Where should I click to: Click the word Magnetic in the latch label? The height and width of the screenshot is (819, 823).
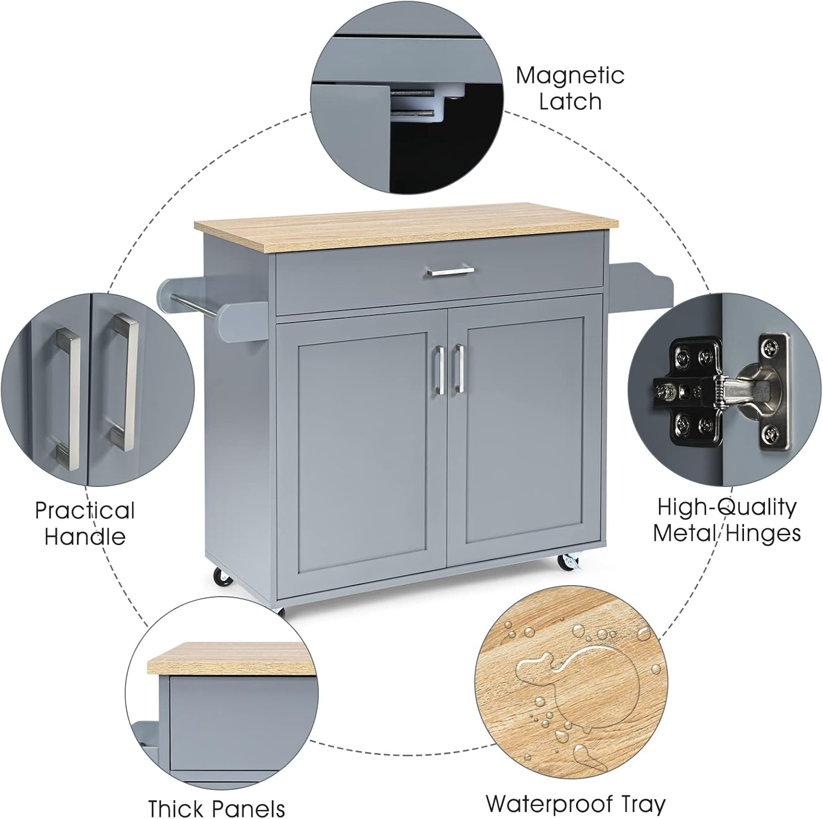click(570, 76)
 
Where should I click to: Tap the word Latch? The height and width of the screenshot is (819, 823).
click(570, 102)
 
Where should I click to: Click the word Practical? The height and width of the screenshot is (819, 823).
click(84, 511)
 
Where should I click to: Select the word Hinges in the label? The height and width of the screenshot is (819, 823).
click(768, 533)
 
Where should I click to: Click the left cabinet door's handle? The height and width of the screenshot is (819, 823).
click(439, 369)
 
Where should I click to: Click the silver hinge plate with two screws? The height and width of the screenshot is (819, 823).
click(774, 390)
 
